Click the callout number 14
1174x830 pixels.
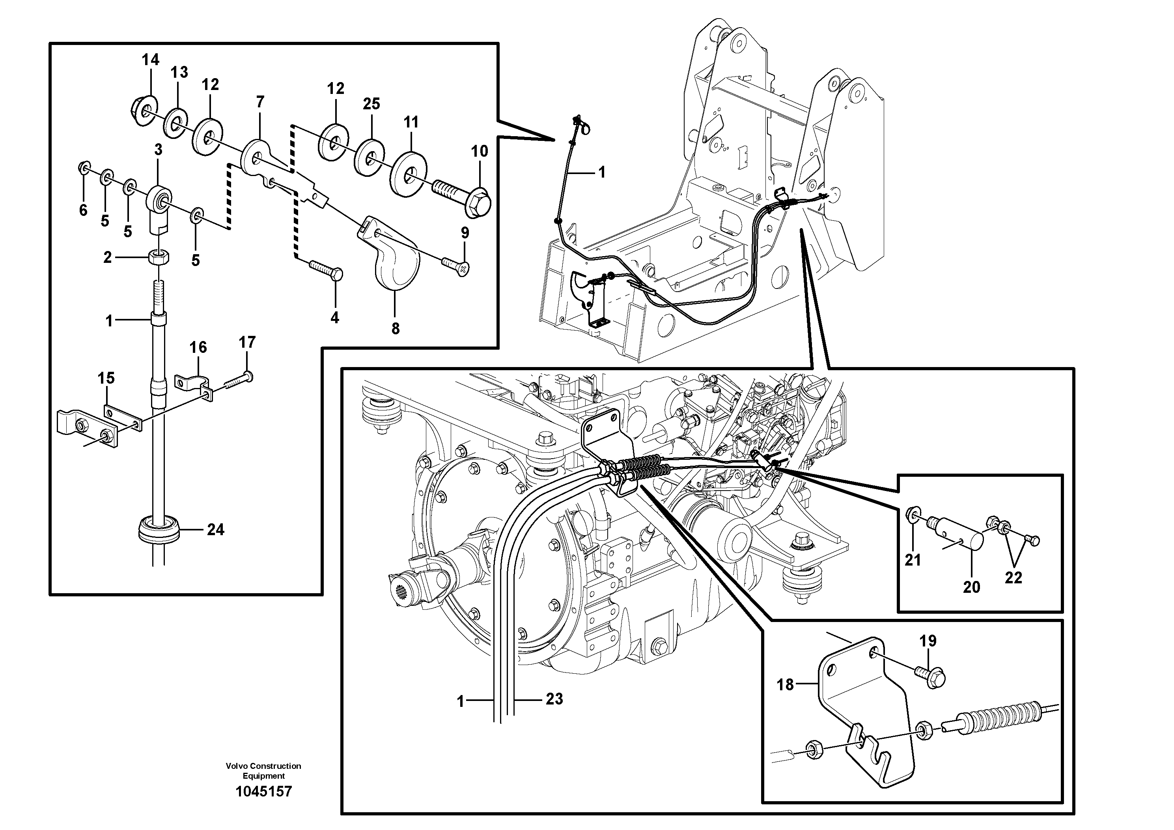[150, 60]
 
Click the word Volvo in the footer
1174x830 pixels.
[238, 766]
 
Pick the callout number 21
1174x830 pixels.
[913, 560]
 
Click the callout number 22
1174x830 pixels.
[1013, 578]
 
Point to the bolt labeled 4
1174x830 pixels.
[327, 271]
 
